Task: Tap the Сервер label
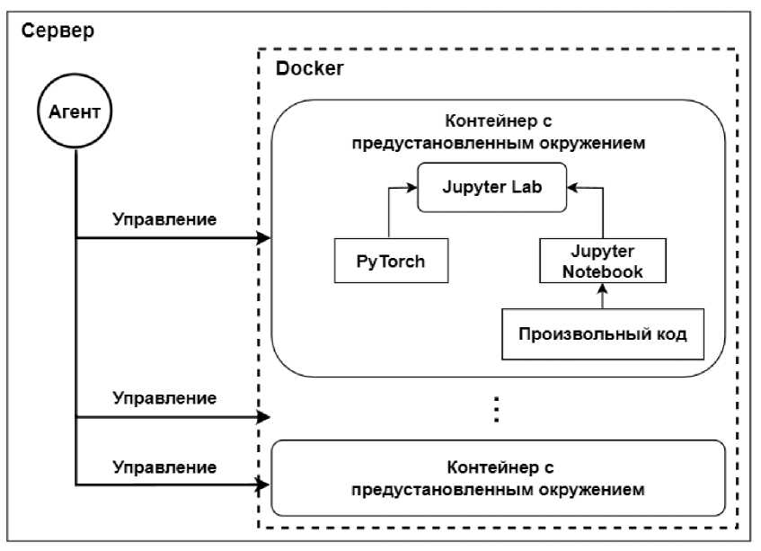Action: tap(57, 31)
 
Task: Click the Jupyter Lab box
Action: tap(491, 188)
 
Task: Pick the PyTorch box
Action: tap(390, 262)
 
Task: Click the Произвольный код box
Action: tap(603, 333)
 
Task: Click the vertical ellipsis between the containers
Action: tap(495, 410)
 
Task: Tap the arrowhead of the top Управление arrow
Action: tap(264, 238)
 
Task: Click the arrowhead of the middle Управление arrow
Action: tap(264, 417)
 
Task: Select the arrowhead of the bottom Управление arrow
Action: tap(264, 485)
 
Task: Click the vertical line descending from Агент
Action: tap(76, 315)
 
